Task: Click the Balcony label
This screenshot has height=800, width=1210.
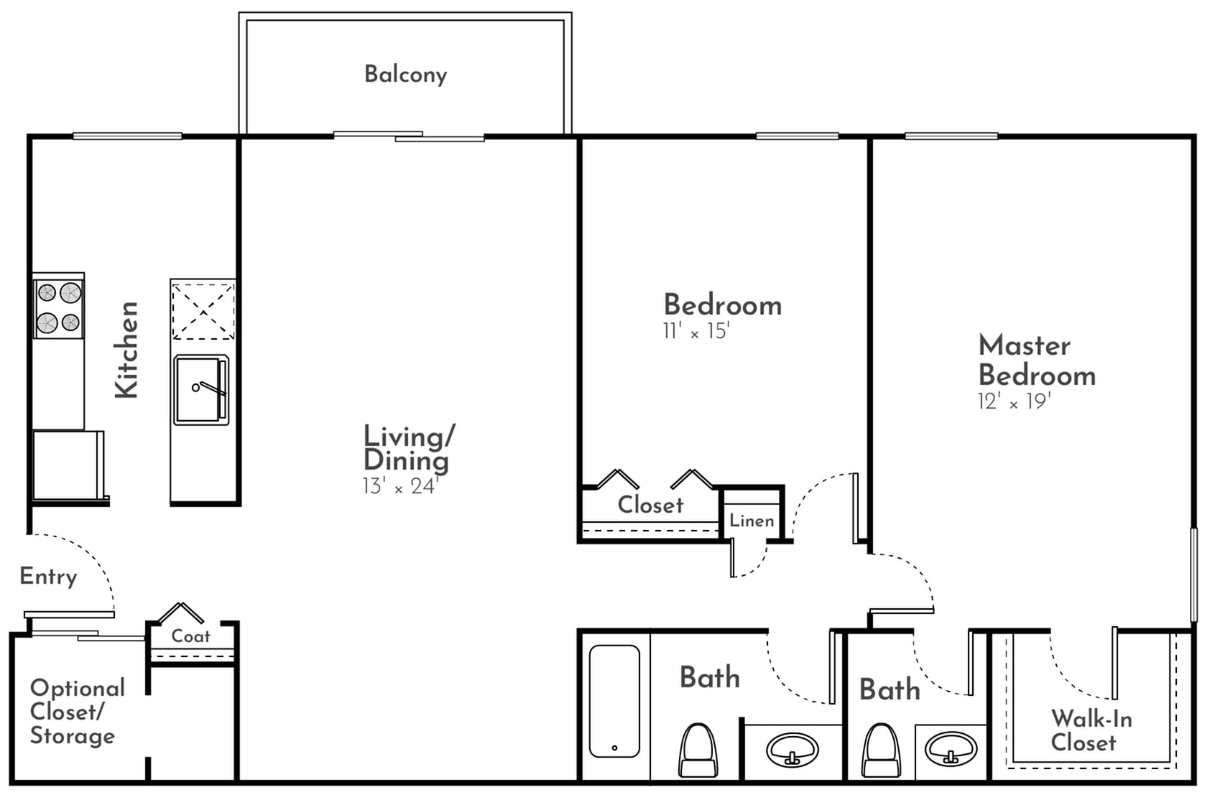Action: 405,74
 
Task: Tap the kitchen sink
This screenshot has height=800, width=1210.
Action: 201,390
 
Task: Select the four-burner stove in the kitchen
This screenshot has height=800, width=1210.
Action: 59,307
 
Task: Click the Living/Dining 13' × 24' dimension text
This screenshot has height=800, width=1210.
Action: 400,486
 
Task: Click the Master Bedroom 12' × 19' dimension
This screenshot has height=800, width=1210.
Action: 1014,401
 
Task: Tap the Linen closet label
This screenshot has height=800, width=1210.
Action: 752,521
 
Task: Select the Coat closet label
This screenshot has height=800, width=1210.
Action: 190,636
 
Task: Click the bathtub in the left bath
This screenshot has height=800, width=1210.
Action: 614,701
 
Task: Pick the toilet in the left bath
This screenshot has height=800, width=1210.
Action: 698,750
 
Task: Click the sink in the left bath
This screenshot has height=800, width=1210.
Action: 792,750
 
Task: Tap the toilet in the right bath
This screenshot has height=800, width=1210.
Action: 880,750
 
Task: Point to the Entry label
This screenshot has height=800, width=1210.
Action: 48,577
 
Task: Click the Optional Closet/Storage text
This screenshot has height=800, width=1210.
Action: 75,712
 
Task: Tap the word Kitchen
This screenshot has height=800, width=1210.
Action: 126,350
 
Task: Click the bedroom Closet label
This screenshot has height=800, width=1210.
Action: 650,505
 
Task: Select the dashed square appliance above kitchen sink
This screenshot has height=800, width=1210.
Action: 203,310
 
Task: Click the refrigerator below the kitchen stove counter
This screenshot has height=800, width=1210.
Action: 66,464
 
